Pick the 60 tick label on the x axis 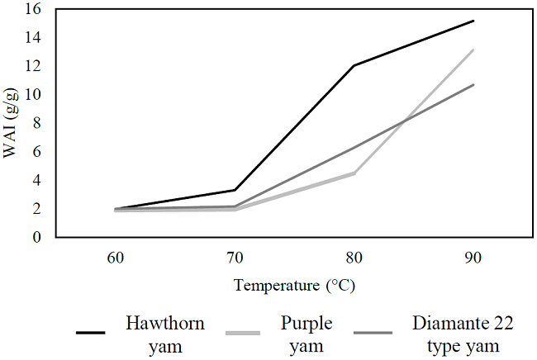pos(116,258)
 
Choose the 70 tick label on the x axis pos(235,258)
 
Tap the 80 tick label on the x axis pos(354,258)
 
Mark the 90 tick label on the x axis pos(473,258)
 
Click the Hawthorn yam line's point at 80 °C pos(354,65)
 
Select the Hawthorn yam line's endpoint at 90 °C pos(473,21)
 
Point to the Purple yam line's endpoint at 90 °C pos(473,50)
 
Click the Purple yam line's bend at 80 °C pos(354,173)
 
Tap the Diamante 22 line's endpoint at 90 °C pos(473,85)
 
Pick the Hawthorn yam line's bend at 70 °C pos(235,190)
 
